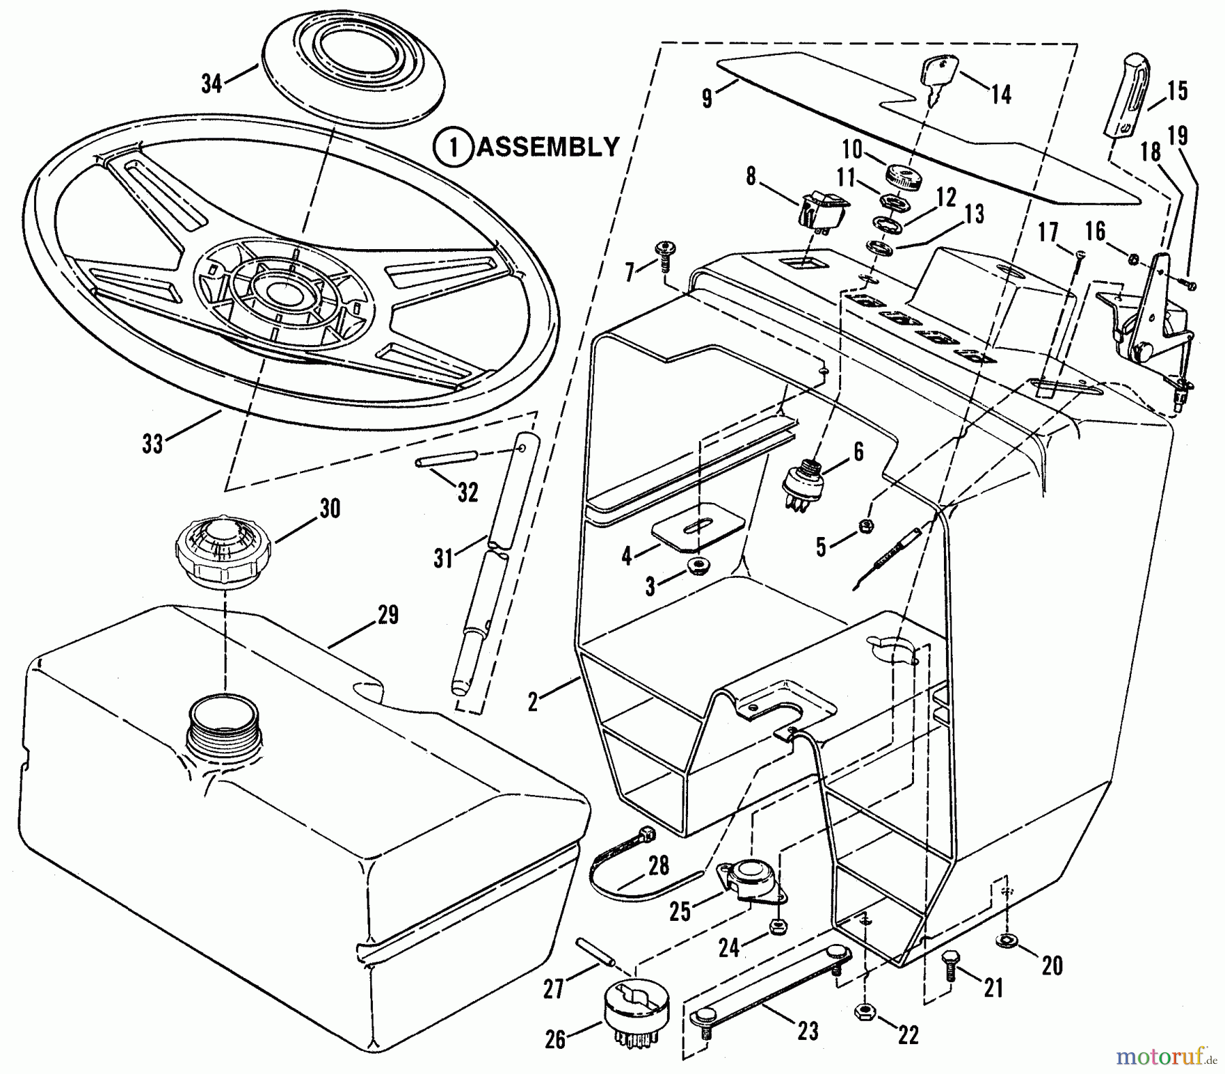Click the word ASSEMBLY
(x=548, y=146)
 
